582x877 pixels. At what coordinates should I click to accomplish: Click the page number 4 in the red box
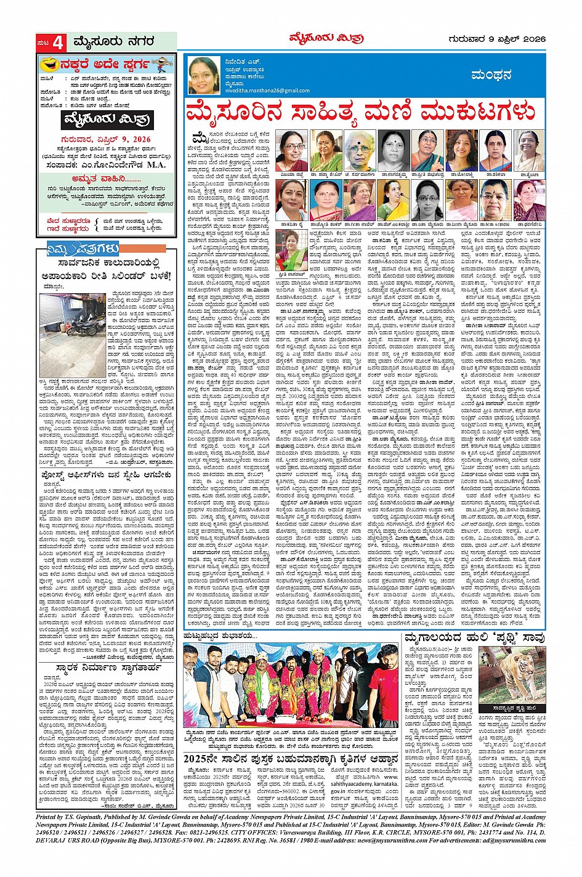[x=57, y=42]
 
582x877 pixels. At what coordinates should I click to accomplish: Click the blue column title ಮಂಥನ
[x=491, y=75]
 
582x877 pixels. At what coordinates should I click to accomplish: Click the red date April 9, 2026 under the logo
[x=106, y=139]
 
